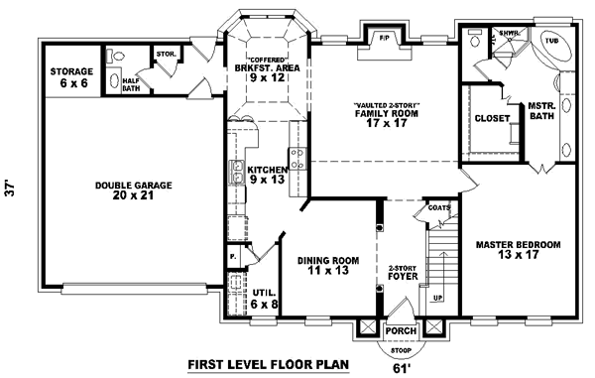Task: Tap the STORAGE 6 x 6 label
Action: pos(72,77)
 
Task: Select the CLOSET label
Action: pos(493,118)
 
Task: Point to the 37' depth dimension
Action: pos(13,189)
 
